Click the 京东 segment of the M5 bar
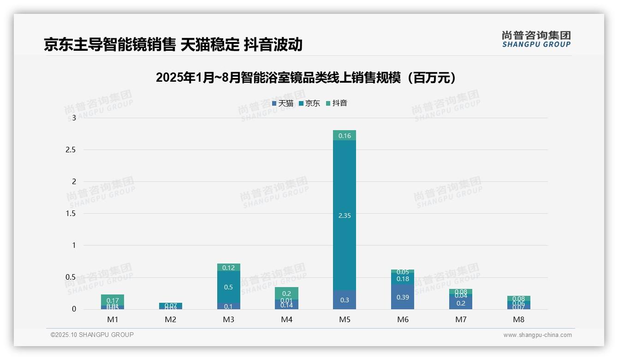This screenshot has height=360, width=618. coord(345,215)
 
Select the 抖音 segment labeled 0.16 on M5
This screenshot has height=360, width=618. coord(345,135)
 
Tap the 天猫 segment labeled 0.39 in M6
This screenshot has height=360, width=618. coord(403,297)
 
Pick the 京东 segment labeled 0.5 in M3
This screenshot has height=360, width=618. coord(228,287)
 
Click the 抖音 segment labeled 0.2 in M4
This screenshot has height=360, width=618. coord(286,293)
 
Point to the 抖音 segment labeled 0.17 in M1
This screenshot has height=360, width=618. coord(113,300)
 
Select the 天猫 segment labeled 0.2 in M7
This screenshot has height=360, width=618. coord(461,303)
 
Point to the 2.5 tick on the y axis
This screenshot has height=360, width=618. coord(70,150)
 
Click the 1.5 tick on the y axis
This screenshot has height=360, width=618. coord(70,214)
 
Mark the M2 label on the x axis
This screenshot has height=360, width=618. coord(171,319)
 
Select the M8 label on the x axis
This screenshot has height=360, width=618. coord(519,319)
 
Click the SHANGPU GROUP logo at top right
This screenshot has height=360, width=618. coord(536,39)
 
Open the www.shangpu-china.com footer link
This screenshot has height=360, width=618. coord(537,335)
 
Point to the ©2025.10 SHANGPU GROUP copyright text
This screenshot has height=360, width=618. coord(92,335)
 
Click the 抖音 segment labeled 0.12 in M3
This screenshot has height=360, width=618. coord(228,267)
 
